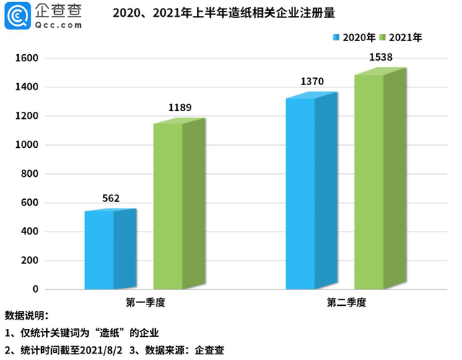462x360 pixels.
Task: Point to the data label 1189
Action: tap(180, 108)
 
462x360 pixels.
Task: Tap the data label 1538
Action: tap(380, 56)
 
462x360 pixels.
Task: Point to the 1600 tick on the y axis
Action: tap(27, 58)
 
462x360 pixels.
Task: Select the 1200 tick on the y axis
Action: tap(27, 116)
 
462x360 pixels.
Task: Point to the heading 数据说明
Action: tap(26, 316)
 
